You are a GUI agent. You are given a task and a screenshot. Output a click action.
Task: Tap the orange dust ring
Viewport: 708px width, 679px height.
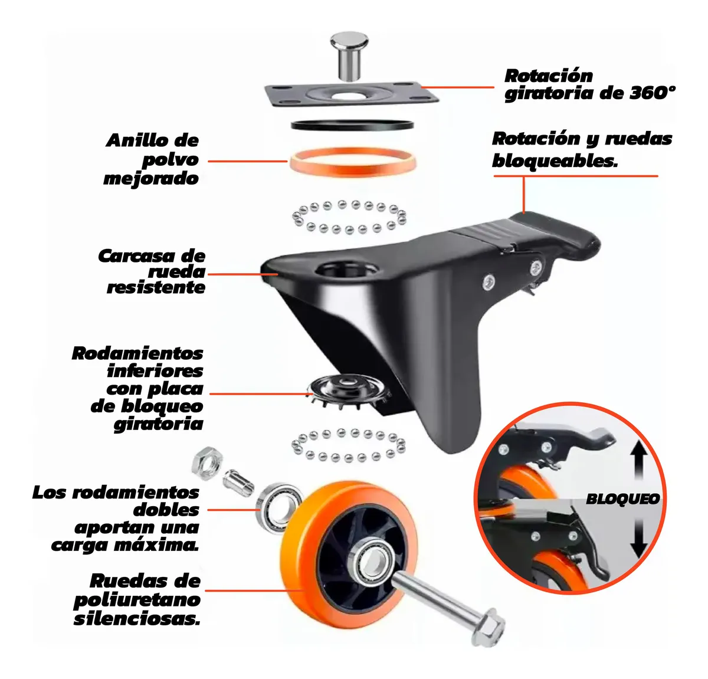pos(351,162)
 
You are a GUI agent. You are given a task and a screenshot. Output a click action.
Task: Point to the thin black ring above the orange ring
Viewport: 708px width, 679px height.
pos(352,124)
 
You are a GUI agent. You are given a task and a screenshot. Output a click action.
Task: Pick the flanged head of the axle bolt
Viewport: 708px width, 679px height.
pos(487,631)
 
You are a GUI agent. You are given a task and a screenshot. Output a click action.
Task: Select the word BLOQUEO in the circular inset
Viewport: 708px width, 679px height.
pos(622,499)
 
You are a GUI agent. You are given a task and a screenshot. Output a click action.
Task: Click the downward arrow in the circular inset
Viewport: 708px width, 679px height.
pos(639,538)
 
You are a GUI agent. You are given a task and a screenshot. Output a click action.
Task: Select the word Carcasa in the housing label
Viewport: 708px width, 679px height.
pos(136,256)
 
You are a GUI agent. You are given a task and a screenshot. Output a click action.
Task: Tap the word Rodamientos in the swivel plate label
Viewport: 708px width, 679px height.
pos(137,353)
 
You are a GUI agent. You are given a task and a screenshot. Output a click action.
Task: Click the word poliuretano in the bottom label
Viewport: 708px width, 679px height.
pos(137,600)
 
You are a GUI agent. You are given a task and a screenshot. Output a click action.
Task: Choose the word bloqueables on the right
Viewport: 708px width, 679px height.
pos(555,160)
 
